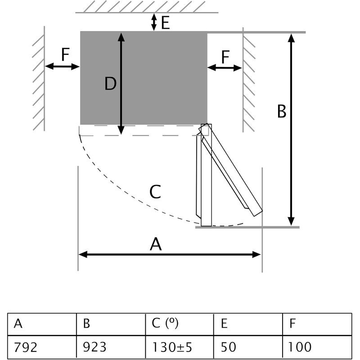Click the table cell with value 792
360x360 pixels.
(x=42, y=347)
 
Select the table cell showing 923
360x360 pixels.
(x=111, y=347)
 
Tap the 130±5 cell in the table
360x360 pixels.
(x=179, y=347)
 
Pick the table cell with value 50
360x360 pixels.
(x=248, y=347)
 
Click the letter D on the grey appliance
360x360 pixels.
(x=110, y=84)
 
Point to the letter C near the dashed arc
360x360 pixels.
(x=155, y=193)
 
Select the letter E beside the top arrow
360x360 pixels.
(x=165, y=22)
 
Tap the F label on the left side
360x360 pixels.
(x=65, y=55)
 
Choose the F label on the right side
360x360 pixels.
(x=225, y=57)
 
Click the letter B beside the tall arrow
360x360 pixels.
(x=282, y=111)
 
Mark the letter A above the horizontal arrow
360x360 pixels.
(x=155, y=244)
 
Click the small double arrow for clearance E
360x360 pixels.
(x=154, y=22)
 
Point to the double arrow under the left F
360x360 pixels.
(x=63, y=67)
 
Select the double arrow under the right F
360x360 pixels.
(x=225, y=67)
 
